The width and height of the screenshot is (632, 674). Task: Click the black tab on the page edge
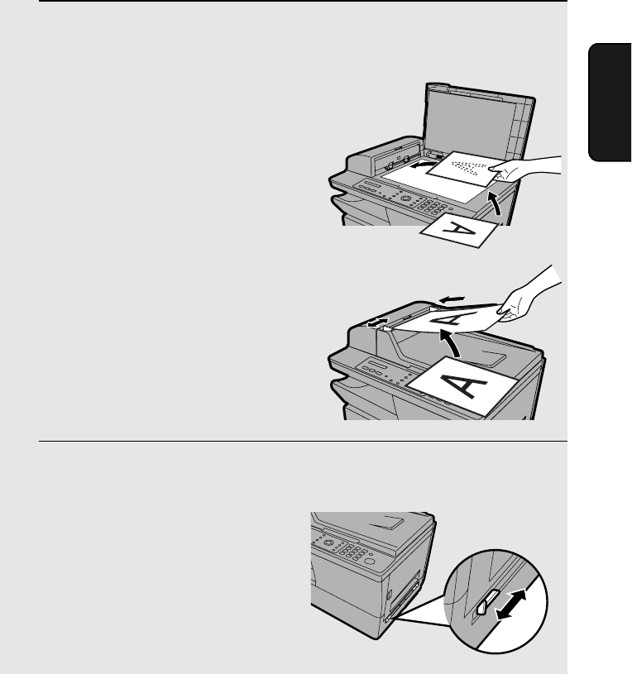[609, 103]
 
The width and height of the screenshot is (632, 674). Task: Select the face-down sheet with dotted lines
[466, 169]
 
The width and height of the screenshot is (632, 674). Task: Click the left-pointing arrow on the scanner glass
[422, 165]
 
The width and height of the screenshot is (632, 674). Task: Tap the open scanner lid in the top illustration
[478, 125]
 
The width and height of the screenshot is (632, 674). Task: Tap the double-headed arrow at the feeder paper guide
[377, 323]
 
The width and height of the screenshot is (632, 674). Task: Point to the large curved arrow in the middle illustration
[450, 342]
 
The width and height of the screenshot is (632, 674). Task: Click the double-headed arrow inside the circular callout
[510, 605]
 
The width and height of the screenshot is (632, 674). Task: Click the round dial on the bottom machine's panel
[329, 543]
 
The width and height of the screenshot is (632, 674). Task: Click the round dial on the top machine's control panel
[405, 198]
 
